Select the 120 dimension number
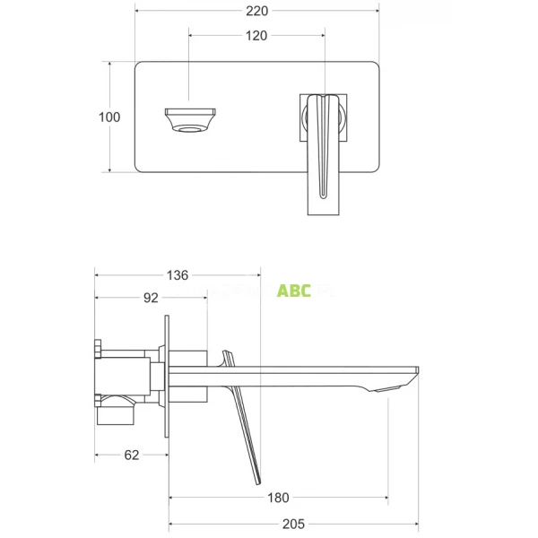pyautogui.click(x=256, y=36)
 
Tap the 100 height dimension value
pyautogui.click(x=110, y=117)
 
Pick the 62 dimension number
pyautogui.click(x=131, y=455)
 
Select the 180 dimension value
pyautogui.click(x=278, y=498)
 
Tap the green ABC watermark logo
pyautogui.click(x=294, y=291)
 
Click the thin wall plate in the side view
pyautogui.click(x=167, y=376)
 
